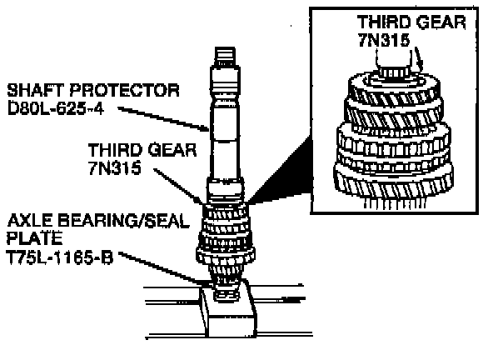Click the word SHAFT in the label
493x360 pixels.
pyautogui.click(x=35, y=90)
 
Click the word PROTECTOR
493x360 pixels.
pyautogui.click(x=125, y=90)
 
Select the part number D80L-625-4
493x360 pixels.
pyautogui.click(x=55, y=109)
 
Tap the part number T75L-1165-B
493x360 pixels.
pyautogui.click(x=60, y=258)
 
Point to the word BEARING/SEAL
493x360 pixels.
pyautogui.click(x=124, y=221)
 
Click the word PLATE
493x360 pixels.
pyautogui.click(x=34, y=238)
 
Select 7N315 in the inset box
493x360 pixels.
pyautogui.click(x=384, y=40)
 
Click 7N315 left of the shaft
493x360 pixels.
pyautogui.click(x=114, y=168)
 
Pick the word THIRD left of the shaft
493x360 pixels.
pyautogui.click(x=115, y=150)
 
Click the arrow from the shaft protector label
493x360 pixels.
pyautogui.click(x=163, y=118)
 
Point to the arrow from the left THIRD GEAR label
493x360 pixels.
pyautogui.click(x=178, y=187)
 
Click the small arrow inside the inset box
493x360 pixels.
pyautogui.click(x=419, y=60)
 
